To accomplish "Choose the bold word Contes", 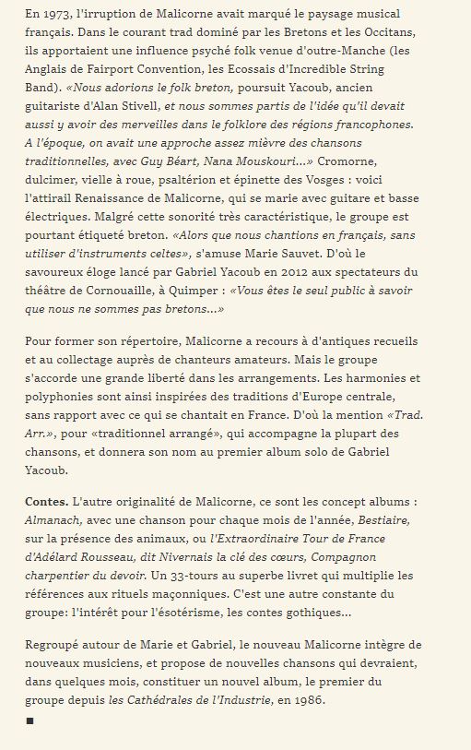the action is pos(46,505).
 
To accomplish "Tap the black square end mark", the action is pos(29,720).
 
